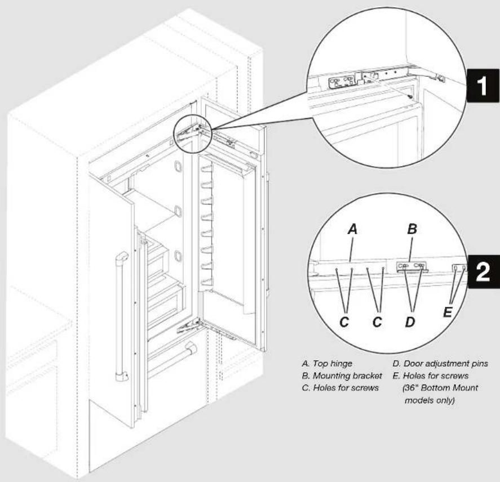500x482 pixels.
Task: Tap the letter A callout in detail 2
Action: coord(352,230)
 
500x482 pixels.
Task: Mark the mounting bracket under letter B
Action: coord(410,266)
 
